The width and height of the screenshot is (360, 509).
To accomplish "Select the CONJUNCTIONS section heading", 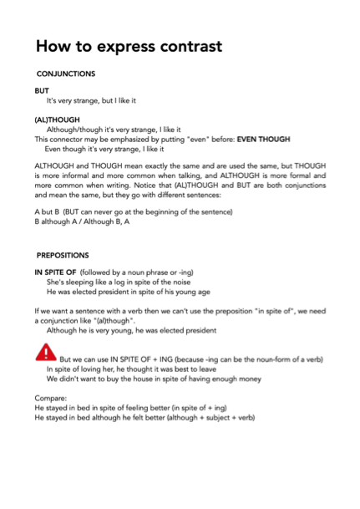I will pos(66,74).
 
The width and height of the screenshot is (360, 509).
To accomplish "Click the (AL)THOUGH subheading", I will pos(58,120).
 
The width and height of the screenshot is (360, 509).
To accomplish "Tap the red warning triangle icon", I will pos(44,354).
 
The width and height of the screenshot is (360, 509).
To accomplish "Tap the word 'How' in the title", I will pos(58,46).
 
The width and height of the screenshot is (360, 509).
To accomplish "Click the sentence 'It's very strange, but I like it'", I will pos(105,100).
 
